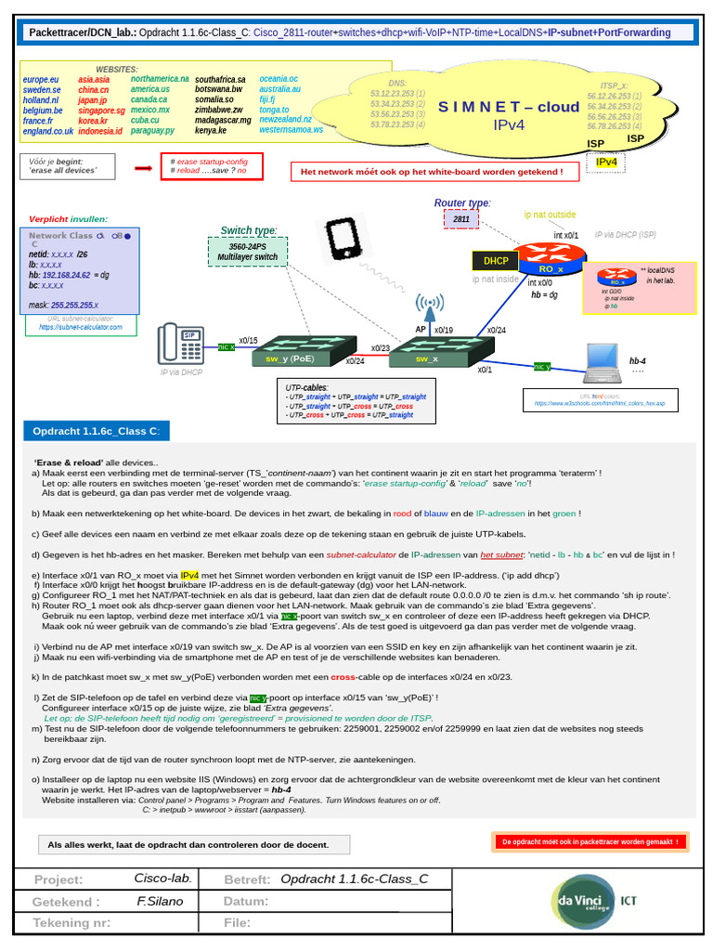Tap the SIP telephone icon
(x=182, y=343)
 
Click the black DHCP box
(x=495, y=261)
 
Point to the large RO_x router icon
(x=552, y=258)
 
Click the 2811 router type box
(x=461, y=219)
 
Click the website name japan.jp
(x=93, y=100)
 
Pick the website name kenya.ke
(x=211, y=131)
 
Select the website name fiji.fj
(x=267, y=100)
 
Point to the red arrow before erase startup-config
(x=143, y=168)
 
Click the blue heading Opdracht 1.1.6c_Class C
(x=97, y=432)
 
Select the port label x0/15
(x=249, y=341)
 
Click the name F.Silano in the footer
(x=161, y=901)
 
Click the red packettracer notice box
(x=590, y=841)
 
